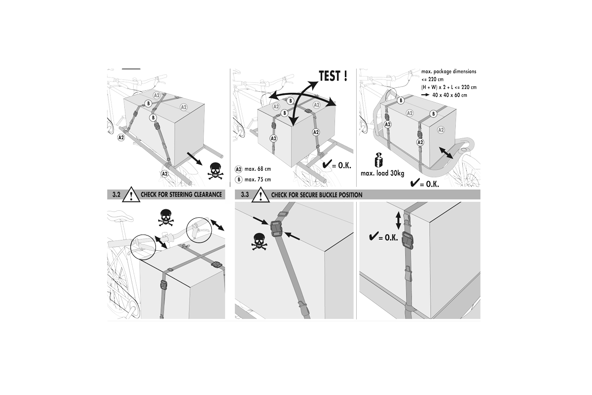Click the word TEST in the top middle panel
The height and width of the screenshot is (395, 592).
330,76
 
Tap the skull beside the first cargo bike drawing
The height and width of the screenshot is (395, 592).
215,171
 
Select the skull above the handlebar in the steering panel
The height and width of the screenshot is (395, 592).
166,218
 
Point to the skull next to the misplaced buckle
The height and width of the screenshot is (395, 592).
259,241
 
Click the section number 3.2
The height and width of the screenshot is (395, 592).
116,195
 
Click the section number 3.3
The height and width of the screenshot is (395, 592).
245,195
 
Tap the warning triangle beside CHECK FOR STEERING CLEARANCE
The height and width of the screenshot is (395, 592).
131,195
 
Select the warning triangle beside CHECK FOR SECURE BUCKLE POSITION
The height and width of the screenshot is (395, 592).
260,195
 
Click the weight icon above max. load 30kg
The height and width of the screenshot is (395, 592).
379,160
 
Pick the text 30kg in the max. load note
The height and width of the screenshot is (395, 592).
397,174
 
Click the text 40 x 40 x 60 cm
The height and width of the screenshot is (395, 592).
449,95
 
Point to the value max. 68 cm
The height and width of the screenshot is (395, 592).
258,169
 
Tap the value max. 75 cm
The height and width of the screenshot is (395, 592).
258,180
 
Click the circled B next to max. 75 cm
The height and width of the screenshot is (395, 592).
239,180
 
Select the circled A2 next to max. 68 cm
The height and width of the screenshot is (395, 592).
238,169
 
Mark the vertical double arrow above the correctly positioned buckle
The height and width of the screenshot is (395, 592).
398,221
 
